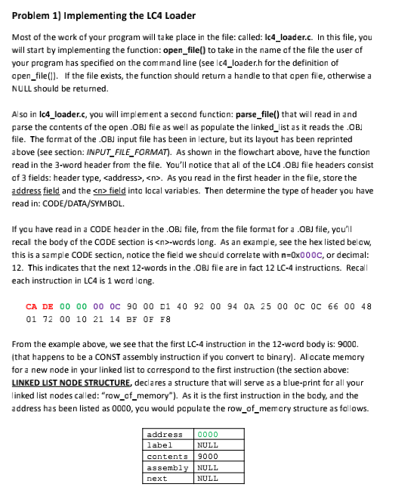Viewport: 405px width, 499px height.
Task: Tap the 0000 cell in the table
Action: [x=206, y=435]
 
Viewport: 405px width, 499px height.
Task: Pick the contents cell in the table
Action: [x=166, y=457]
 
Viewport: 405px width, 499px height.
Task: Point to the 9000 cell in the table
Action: [x=206, y=457]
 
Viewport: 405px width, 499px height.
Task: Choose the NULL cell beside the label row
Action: [x=206, y=445]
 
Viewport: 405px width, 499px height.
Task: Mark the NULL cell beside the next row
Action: [x=206, y=479]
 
